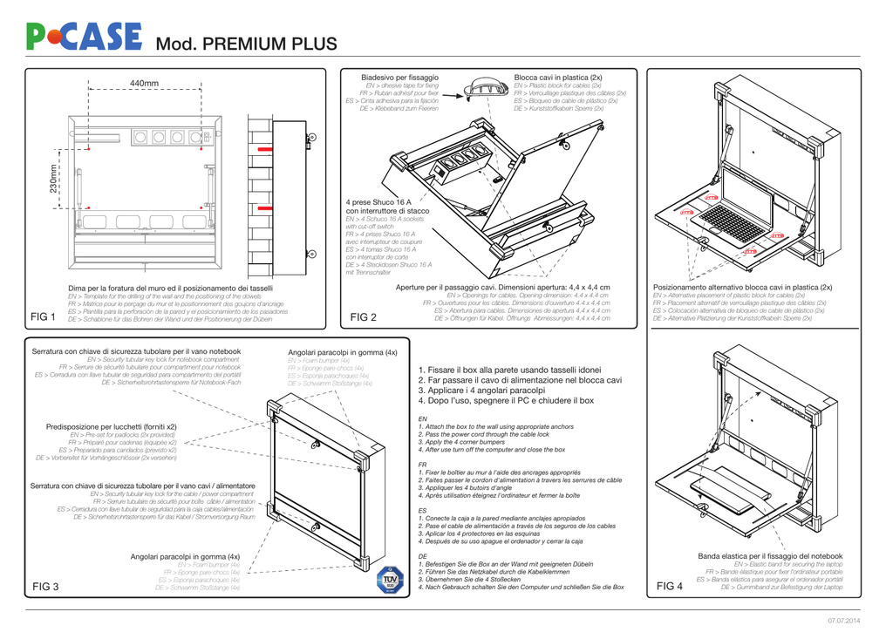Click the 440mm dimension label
pos(144,84)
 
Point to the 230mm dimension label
pos(55,180)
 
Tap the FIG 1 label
pos(44,316)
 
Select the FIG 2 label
pos(363,316)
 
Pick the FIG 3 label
pos(45,587)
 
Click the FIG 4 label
pos(670,587)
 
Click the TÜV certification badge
pos(390,581)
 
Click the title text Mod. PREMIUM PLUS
pos(245,44)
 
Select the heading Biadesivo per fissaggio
pos(399,78)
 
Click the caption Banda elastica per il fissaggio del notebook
pos(770,555)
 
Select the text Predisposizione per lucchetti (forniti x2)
pos(111,426)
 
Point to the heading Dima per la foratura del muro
pos(170,288)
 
